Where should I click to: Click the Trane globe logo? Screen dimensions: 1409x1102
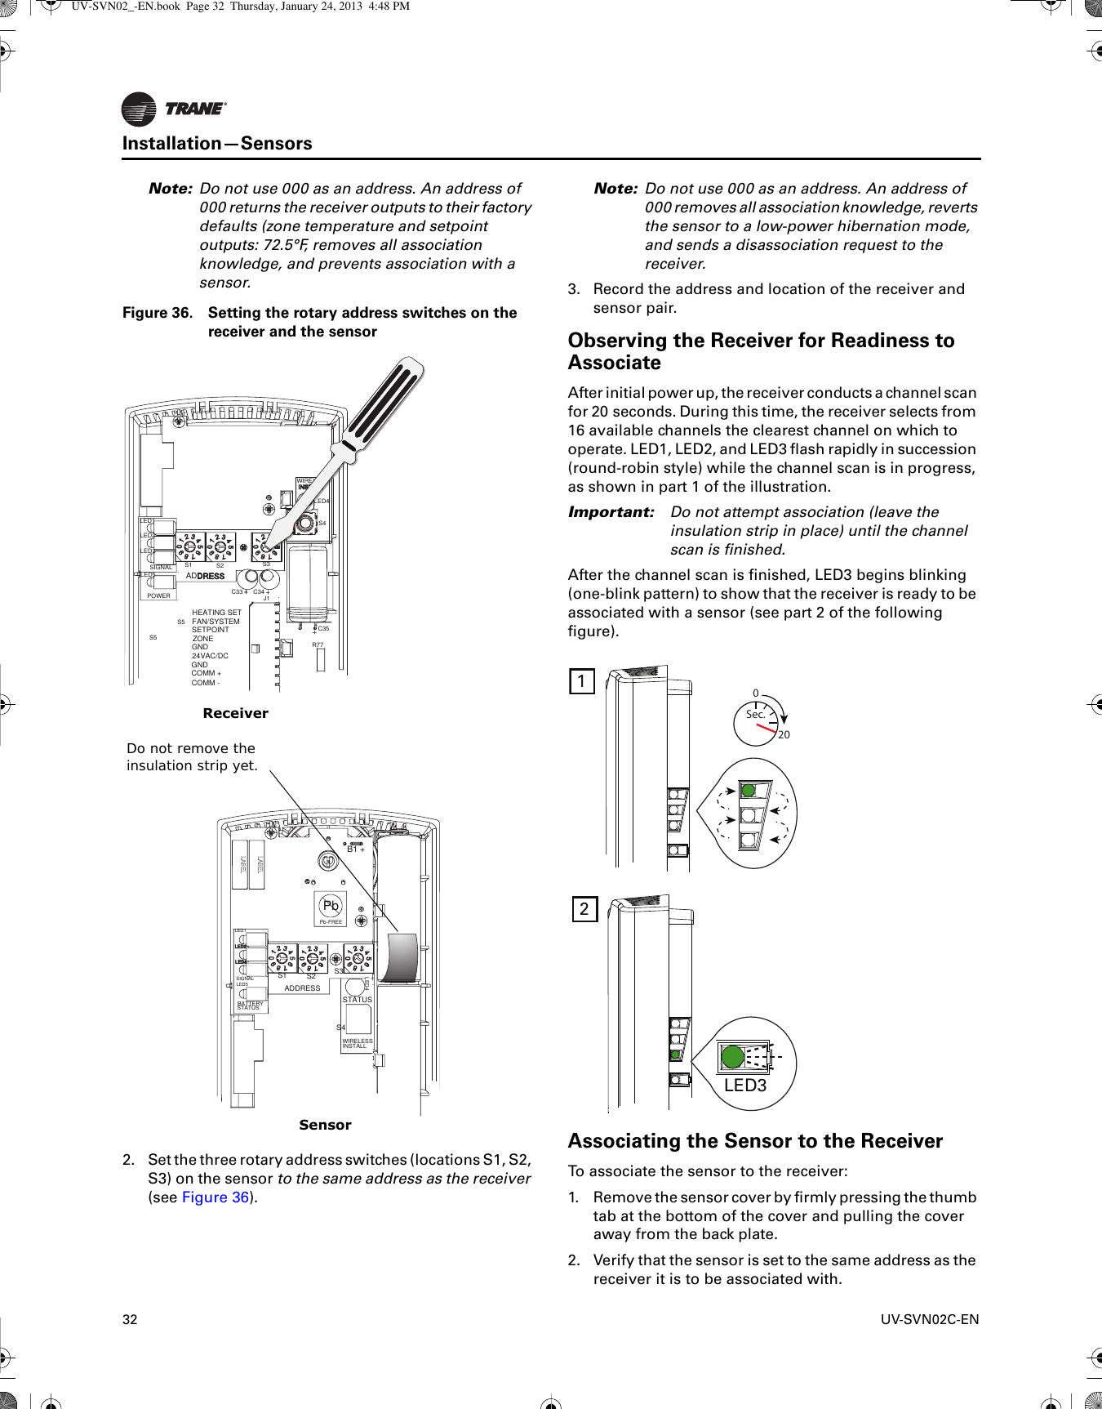pyautogui.click(x=139, y=109)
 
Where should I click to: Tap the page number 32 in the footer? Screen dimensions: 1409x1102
pyautogui.click(x=130, y=1319)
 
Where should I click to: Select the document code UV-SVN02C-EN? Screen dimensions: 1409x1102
pyautogui.click(x=930, y=1319)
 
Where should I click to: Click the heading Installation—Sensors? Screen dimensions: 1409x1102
pyautogui.click(x=217, y=144)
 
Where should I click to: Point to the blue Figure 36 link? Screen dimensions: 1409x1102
pyautogui.click(x=216, y=1197)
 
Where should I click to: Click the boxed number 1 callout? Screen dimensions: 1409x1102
pyautogui.click(x=581, y=681)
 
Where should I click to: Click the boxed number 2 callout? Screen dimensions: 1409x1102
pyautogui.click(x=584, y=909)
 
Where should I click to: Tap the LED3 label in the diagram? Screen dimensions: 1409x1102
pyautogui.click(x=745, y=1086)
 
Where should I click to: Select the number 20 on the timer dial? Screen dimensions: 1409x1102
pyautogui.click(x=784, y=734)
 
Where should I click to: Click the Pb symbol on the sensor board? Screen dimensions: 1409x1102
pyautogui.click(x=331, y=906)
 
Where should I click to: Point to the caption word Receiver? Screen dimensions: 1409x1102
pyautogui.click(x=235, y=713)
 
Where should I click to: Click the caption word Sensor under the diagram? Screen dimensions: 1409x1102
pyautogui.click(x=325, y=1125)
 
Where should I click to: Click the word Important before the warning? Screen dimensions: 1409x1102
pyautogui.click(x=611, y=512)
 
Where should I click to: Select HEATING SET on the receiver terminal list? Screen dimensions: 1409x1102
pyautogui.click(x=216, y=613)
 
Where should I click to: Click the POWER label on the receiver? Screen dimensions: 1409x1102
pyautogui.click(x=158, y=595)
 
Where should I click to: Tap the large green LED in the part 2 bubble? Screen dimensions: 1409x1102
pyautogui.click(x=733, y=1056)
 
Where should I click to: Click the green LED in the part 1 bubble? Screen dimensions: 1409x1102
pyautogui.click(x=748, y=790)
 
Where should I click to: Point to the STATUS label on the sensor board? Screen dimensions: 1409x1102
pyautogui.click(x=357, y=1000)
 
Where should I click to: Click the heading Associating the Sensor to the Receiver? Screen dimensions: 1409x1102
pyautogui.click(x=755, y=1141)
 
